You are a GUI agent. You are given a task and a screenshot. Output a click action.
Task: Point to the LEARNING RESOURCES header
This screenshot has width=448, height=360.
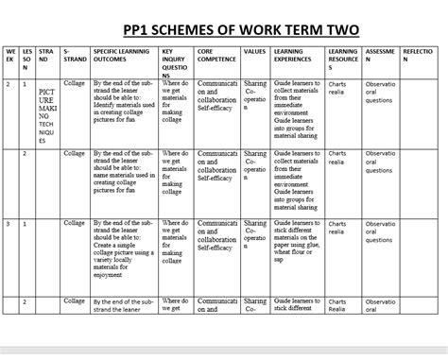pyautogui.click(x=343, y=58)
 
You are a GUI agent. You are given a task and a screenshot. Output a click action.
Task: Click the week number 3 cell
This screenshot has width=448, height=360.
pyautogui.click(x=9, y=225)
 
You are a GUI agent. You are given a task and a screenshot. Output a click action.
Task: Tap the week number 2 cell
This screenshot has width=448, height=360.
pyautogui.click(x=9, y=84)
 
